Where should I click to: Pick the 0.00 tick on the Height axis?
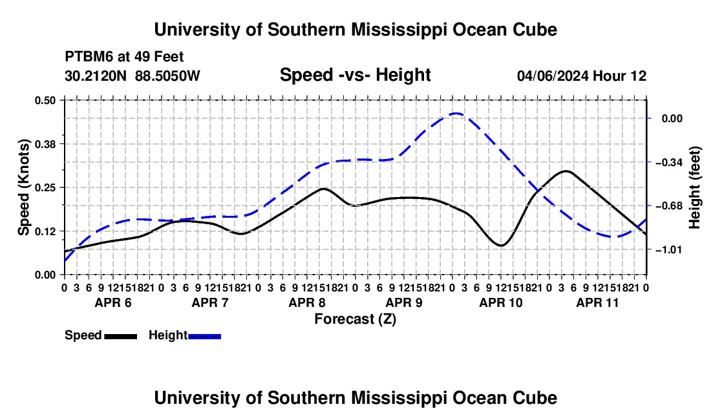pos(672,119)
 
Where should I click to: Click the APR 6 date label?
pos(113,302)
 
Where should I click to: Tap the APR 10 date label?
pos(501,302)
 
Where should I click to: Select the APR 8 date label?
pos(307,302)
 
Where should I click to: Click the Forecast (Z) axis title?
pos(355,319)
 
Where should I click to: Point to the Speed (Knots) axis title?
pos(23,187)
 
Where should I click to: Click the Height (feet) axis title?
pos(695,187)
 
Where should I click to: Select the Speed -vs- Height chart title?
pos(355,75)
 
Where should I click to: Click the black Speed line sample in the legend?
pos(121,336)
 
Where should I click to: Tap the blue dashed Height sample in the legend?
pos(204,336)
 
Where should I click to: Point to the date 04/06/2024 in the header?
pos(553,76)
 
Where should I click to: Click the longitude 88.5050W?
pos(167,76)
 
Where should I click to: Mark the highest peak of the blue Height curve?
pos(456,113)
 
